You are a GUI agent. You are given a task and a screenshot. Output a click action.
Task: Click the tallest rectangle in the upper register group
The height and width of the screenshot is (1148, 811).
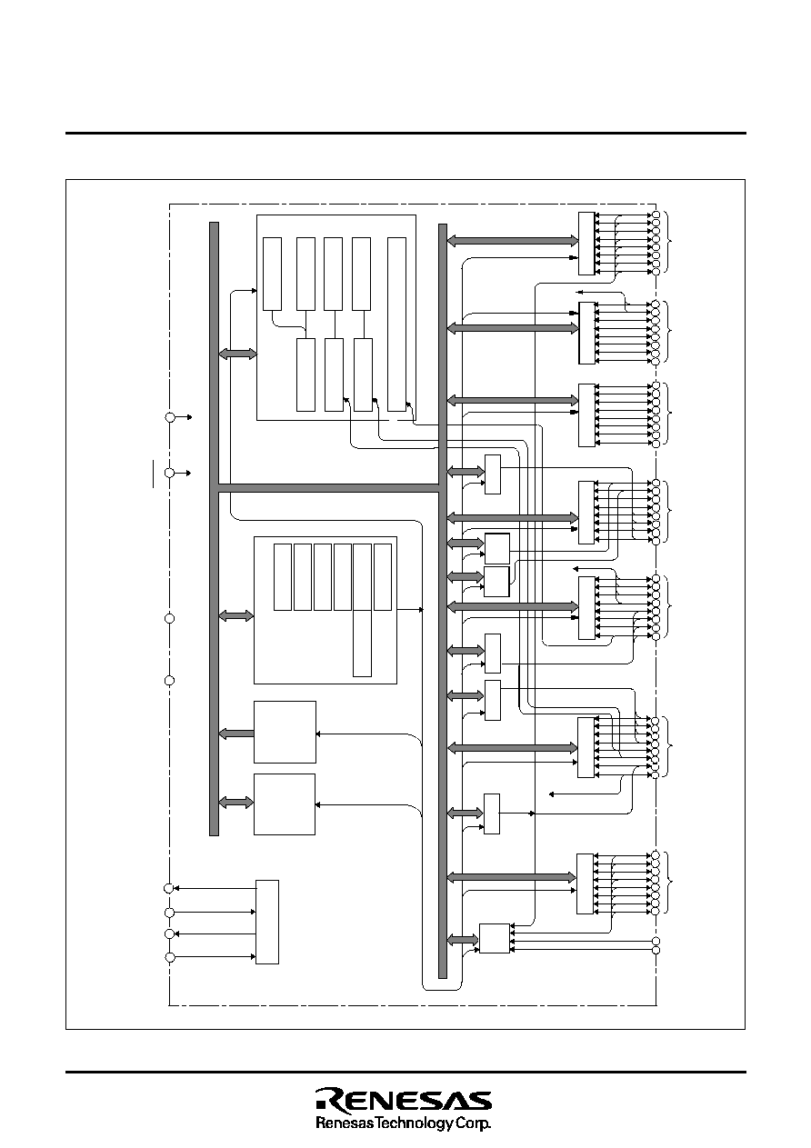[x=396, y=324]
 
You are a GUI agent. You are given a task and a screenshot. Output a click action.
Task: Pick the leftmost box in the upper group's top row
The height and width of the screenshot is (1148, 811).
[x=272, y=274]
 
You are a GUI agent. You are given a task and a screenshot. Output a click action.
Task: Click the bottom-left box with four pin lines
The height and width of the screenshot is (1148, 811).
[x=267, y=922]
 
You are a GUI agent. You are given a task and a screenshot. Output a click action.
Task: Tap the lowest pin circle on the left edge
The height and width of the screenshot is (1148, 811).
[x=169, y=957]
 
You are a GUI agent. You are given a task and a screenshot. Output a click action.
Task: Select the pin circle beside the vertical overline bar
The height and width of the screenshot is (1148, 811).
[x=169, y=473]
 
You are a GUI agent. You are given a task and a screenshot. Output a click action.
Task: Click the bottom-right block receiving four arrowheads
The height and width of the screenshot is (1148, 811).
[x=495, y=938]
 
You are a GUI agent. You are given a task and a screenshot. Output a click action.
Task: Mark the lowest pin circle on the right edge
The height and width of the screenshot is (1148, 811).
[x=656, y=950]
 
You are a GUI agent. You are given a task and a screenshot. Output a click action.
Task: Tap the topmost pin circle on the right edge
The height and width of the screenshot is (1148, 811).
[x=656, y=215]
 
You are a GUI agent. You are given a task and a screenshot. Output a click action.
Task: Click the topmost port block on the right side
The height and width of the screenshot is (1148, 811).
[x=586, y=244]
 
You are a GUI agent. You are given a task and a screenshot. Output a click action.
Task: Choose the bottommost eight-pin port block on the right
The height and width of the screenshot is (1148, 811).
[x=585, y=883]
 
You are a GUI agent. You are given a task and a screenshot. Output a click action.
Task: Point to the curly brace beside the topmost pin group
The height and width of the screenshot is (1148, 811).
[x=667, y=242]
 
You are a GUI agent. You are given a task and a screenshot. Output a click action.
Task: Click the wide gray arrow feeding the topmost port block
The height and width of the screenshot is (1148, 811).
[x=513, y=240]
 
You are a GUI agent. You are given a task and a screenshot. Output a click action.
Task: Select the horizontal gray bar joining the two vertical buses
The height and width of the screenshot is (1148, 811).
[x=328, y=488]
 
